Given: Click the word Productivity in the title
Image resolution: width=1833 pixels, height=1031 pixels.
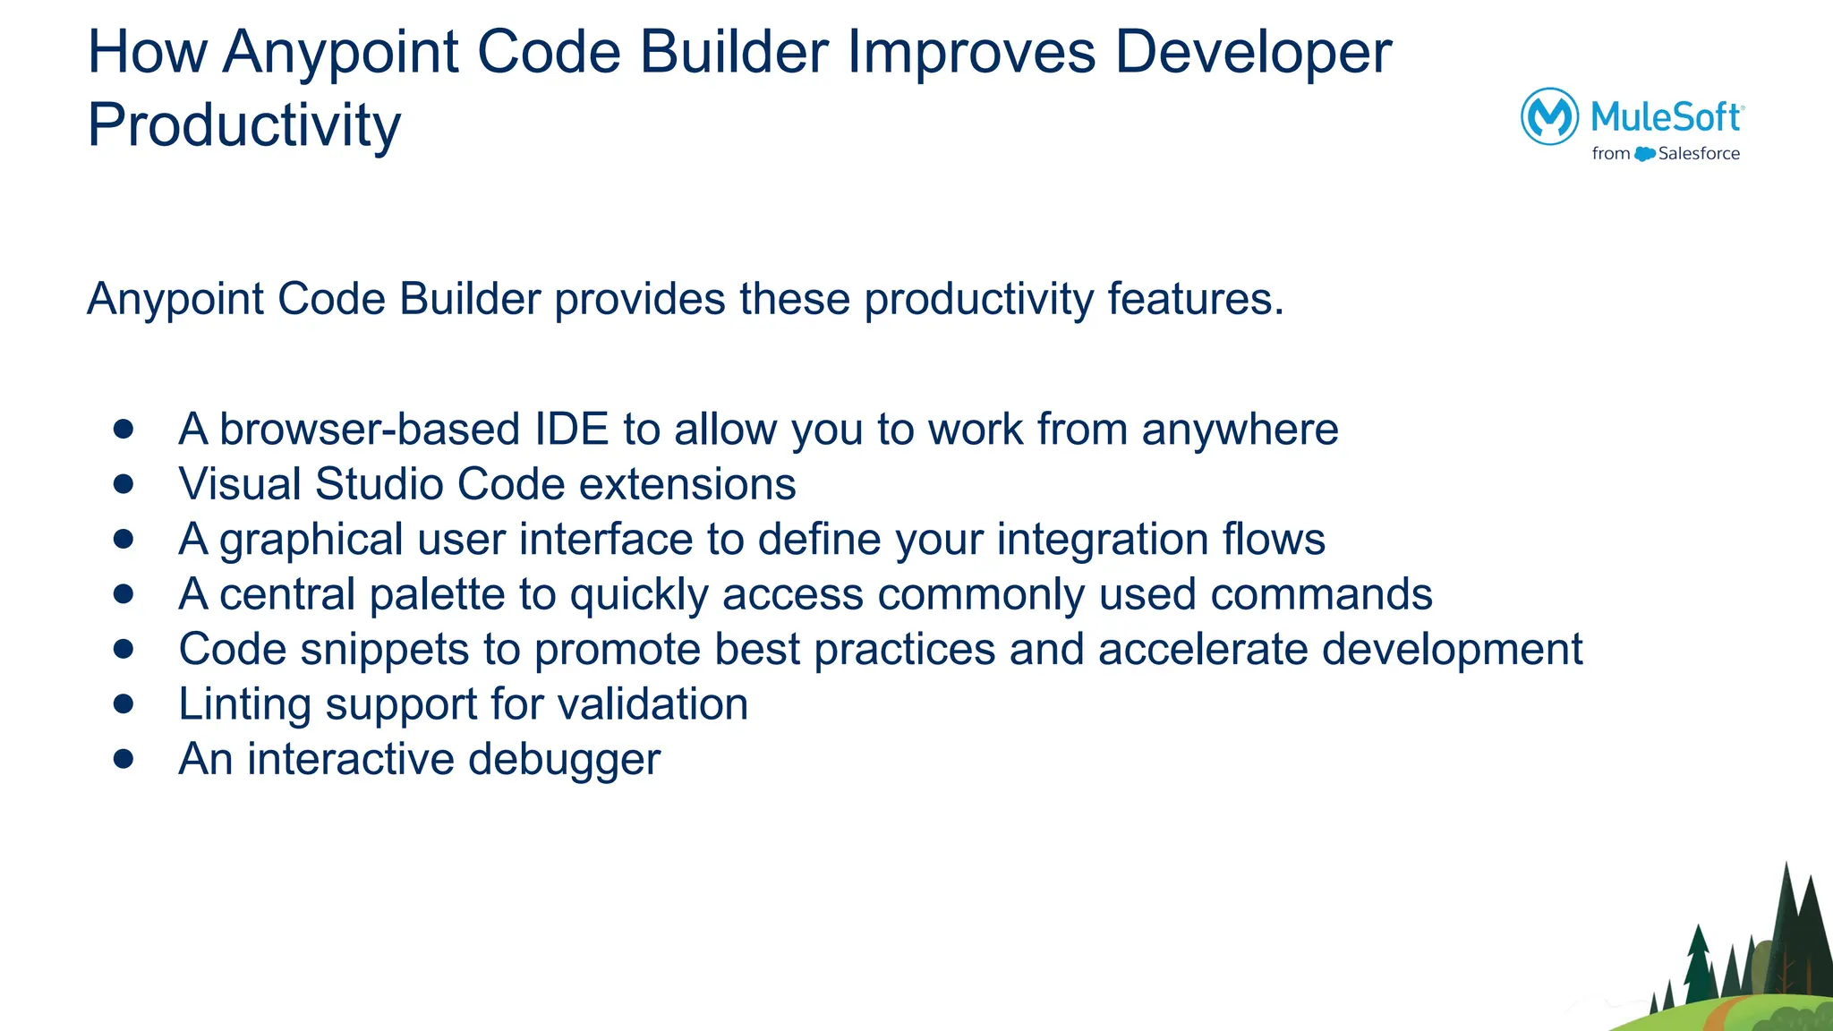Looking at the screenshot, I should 243,125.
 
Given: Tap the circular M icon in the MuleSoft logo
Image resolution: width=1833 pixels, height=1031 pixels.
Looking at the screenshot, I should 1549,116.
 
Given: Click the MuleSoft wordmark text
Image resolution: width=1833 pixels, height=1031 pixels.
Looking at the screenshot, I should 1666,116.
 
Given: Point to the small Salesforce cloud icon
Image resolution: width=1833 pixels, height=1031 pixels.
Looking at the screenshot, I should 1644,154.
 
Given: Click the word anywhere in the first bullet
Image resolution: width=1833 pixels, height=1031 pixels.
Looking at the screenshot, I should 1240,430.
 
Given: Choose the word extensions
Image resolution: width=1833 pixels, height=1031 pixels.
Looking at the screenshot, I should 687,484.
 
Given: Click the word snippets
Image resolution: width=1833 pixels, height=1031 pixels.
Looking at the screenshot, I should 384,650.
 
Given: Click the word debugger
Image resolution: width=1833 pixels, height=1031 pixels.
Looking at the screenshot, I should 564,760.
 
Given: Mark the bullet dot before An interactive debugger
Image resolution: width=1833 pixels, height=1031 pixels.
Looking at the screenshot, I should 124,759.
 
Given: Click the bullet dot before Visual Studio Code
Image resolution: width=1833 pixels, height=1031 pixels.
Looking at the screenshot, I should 124,484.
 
